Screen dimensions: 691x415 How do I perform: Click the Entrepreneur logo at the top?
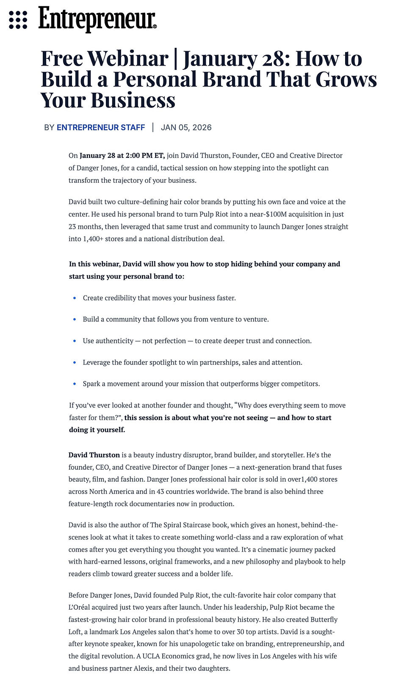point(97,19)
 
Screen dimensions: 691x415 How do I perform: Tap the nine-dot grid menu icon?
point(18,20)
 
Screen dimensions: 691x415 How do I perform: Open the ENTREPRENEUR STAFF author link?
point(101,127)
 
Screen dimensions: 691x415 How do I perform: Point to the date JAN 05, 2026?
point(186,127)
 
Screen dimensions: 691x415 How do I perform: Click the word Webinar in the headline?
point(128,58)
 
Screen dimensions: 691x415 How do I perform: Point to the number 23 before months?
point(73,226)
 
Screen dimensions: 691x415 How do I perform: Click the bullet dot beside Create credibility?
point(75,298)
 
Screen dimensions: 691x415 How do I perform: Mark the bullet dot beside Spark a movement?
point(75,384)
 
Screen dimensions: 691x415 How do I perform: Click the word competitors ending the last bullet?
point(302,384)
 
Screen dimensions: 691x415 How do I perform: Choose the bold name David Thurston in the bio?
point(94,455)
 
